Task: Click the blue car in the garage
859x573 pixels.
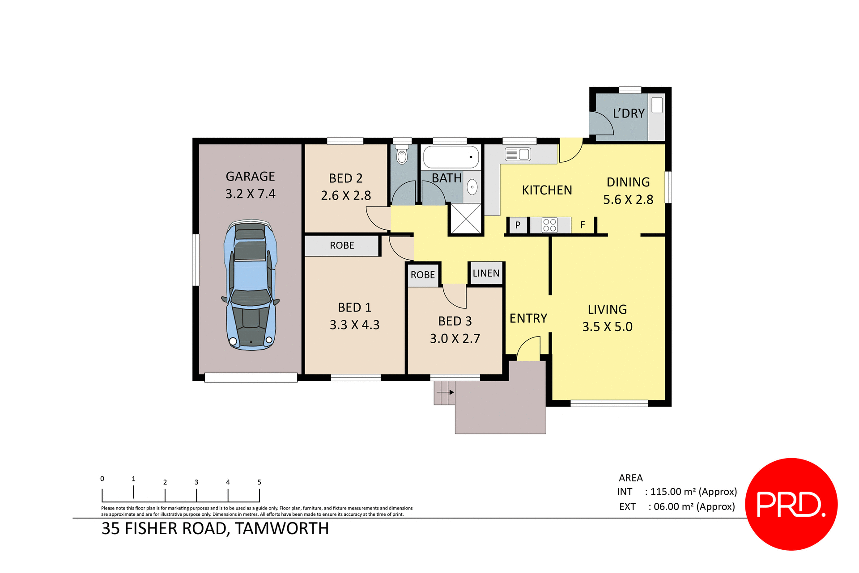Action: tap(251, 285)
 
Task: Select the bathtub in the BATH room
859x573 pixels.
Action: tap(451, 157)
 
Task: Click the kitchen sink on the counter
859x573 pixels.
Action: tap(518, 155)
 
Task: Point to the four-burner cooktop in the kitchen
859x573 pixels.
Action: tap(549, 225)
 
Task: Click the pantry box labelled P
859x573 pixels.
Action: tap(518, 225)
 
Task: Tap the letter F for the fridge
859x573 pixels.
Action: tap(583, 225)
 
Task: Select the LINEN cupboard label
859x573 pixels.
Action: tap(486, 274)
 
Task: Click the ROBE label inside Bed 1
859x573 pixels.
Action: tap(342, 245)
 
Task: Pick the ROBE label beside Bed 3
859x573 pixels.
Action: tap(422, 275)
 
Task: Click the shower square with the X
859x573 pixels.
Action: tap(466, 219)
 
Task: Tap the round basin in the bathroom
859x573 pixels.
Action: tap(472, 187)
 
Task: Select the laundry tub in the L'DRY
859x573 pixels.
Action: tap(657, 105)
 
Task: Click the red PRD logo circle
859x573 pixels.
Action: tap(791, 504)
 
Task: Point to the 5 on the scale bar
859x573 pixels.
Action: tap(259, 482)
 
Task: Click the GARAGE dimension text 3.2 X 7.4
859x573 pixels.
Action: tap(250, 194)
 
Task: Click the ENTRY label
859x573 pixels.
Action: tap(528, 318)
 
